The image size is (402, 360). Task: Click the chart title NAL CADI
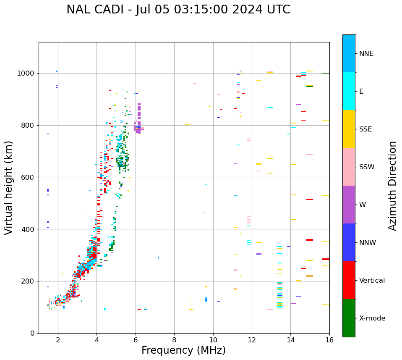coord(178,10)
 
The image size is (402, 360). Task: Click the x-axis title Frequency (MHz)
coord(183,350)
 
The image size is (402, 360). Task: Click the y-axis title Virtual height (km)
coord(9,188)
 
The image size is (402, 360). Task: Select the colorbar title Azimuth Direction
coord(392,186)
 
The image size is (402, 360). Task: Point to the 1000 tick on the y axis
coord(28,73)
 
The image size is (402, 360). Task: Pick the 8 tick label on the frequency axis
coord(174,340)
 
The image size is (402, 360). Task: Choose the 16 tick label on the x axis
coord(329,340)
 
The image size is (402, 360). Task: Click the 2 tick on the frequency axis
coord(58,340)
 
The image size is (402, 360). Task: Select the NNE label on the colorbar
coord(366,54)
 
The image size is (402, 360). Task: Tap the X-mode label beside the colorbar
coord(372,318)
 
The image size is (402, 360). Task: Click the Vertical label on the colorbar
coord(372,281)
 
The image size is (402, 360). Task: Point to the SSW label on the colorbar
coord(367,167)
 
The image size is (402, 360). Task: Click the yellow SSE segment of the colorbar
coord(349,129)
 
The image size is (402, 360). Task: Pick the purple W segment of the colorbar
coord(349,205)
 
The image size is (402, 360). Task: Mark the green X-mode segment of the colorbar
coord(349,318)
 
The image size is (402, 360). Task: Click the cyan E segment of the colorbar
coord(349,91)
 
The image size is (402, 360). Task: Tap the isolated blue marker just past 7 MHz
coord(158,258)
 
